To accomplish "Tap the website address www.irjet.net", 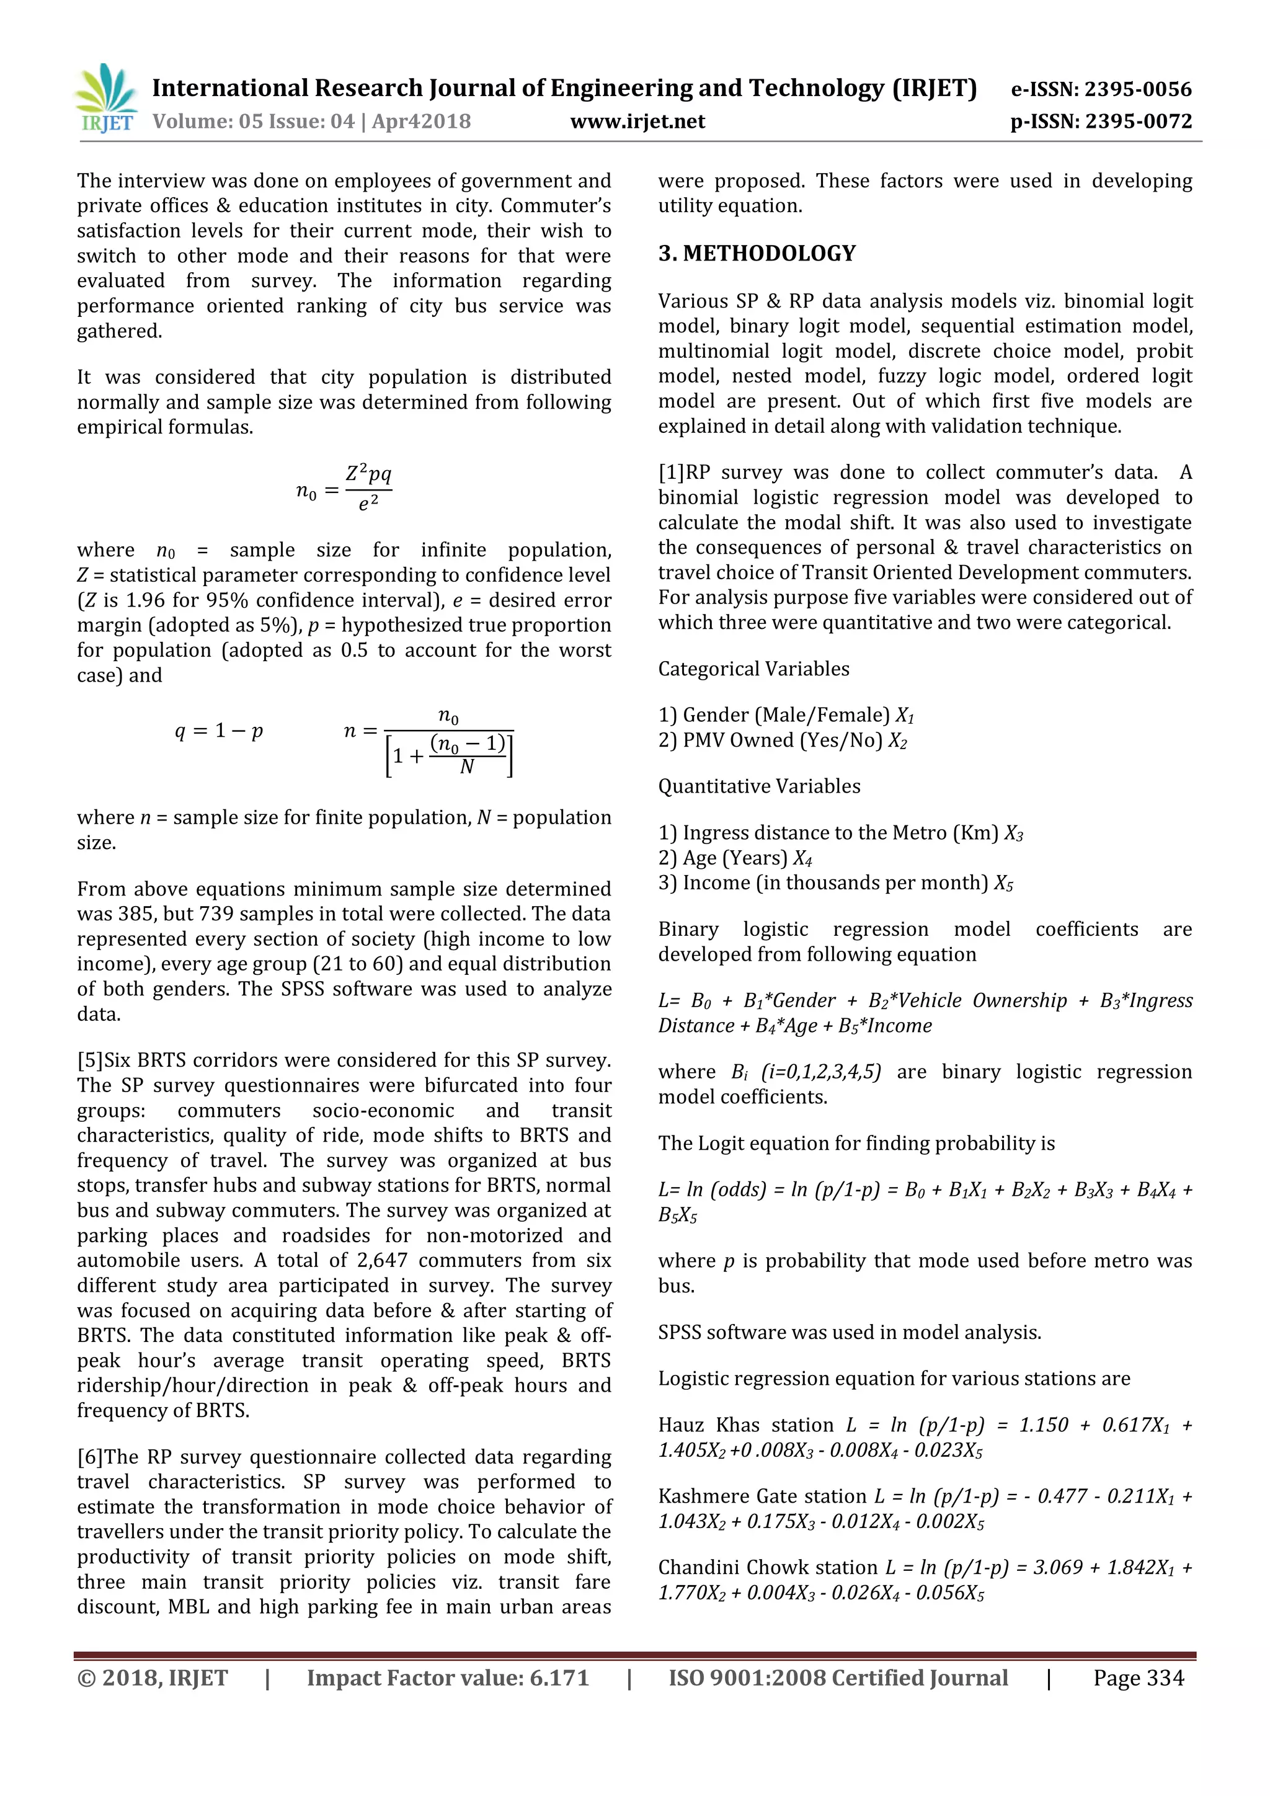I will tap(637, 122).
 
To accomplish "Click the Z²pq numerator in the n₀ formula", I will tap(368, 474).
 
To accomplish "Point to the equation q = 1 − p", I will tap(219, 731).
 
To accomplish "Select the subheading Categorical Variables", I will tap(753, 669).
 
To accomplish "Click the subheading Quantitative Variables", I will tap(758, 786).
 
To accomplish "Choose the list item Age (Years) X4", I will tap(735, 858).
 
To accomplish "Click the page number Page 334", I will tap(1139, 1678).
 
